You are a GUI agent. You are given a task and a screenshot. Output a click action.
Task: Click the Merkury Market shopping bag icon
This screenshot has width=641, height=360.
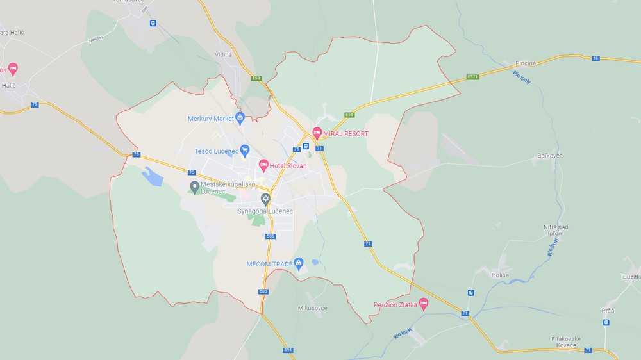click(x=240, y=117)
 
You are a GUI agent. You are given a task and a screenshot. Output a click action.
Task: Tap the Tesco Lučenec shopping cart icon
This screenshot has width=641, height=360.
click(x=244, y=151)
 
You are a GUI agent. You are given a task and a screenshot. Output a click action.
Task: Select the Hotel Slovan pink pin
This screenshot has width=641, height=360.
click(x=263, y=165)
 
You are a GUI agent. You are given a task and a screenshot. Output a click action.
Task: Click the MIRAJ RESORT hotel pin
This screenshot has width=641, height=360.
click(x=317, y=133)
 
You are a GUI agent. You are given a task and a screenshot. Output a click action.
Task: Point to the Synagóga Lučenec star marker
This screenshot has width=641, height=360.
click(x=265, y=199)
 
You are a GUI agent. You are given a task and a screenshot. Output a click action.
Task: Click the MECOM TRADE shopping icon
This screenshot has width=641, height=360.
click(x=298, y=263)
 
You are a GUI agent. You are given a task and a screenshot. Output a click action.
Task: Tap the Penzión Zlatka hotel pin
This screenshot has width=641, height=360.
click(x=423, y=303)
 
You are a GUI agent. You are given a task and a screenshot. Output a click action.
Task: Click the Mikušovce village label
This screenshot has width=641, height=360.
click(x=312, y=308)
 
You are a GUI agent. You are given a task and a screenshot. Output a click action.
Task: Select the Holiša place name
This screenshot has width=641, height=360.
click(x=500, y=275)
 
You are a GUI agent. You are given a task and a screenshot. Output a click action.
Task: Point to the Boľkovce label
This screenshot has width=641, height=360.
click(x=550, y=156)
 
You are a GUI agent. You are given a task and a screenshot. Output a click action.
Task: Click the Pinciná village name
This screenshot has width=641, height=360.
click(x=526, y=64)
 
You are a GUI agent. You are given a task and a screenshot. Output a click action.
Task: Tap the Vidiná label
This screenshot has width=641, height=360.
click(x=223, y=56)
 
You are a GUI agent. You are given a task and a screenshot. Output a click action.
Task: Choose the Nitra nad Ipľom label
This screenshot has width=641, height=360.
click(x=555, y=230)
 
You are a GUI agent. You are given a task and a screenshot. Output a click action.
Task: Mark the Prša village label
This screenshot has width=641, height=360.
click(x=608, y=311)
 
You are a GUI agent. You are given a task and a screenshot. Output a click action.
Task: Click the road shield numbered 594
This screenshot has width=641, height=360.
click(x=288, y=350)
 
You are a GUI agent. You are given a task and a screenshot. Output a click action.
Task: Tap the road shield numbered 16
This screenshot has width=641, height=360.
click(x=596, y=58)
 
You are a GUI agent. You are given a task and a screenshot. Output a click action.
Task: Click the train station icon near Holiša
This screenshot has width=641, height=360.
click(x=471, y=293)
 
